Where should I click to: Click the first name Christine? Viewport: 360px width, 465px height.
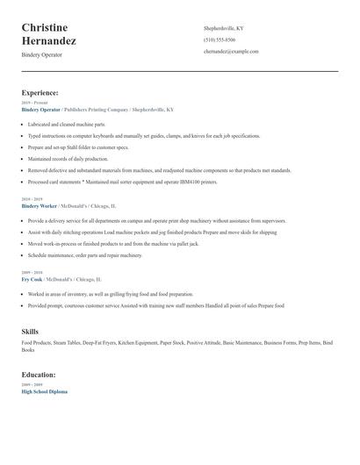tap(45, 28)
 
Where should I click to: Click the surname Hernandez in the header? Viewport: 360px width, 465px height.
tap(49, 41)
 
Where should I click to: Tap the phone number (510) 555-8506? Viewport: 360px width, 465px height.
tap(219, 39)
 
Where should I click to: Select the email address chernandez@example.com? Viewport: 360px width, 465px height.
tap(231, 52)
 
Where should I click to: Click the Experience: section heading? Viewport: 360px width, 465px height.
tap(40, 92)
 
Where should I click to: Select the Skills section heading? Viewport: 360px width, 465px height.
tap(30, 332)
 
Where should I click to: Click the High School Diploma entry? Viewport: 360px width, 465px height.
tap(44, 391)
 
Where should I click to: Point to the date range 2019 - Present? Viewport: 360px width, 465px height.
tap(33, 104)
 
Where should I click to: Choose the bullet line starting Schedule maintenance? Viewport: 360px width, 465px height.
tap(84, 255)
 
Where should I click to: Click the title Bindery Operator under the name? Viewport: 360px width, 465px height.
tap(41, 54)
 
